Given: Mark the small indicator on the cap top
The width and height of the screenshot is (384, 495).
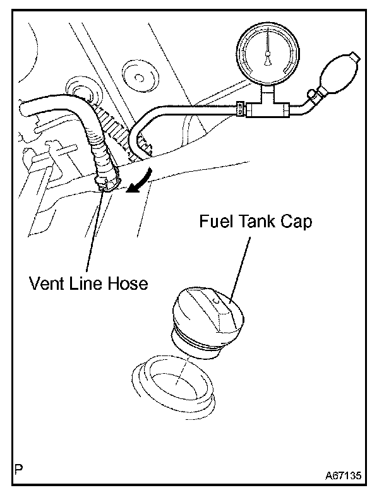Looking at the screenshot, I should pos(217,302).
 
